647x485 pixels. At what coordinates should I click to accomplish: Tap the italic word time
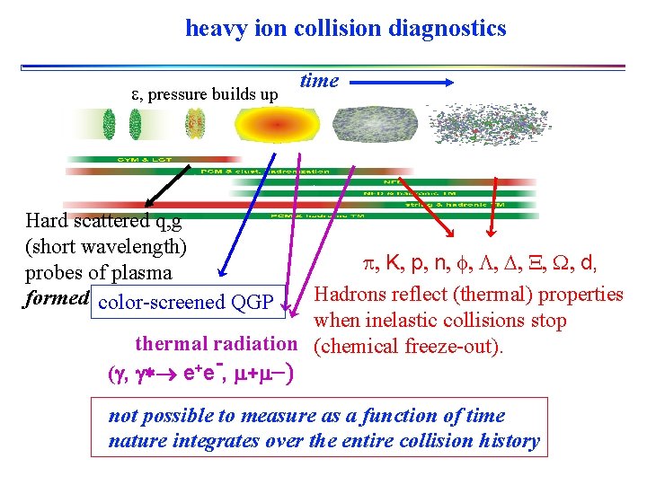coord(319,81)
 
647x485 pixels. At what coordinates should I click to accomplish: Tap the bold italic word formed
coord(57,298)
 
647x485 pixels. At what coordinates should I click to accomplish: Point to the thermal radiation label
coord(216,343)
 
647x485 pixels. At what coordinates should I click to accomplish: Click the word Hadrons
coord(349,295)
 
